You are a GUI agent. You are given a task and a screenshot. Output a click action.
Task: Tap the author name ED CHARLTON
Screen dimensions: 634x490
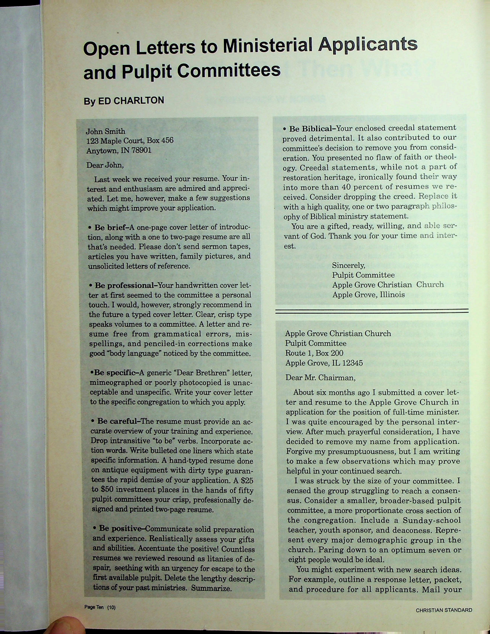pyautogui.click(x=131, y=100)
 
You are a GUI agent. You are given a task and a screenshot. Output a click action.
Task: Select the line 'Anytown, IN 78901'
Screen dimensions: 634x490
pyautogui.click(x=119, y=151)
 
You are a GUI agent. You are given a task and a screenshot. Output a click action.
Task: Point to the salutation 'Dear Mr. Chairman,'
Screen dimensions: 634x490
pyautogui.click(x=320, y=378)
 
